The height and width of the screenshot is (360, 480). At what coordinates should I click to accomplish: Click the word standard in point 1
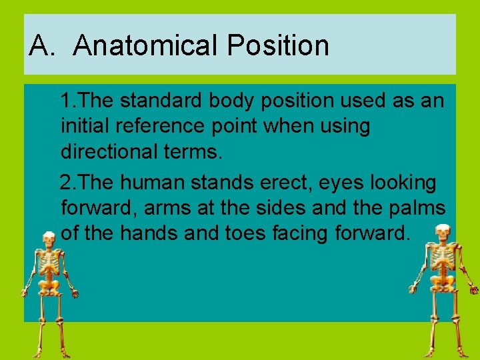coord(161,101)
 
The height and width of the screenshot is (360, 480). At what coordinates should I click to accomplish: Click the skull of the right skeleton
coord(441,233)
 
